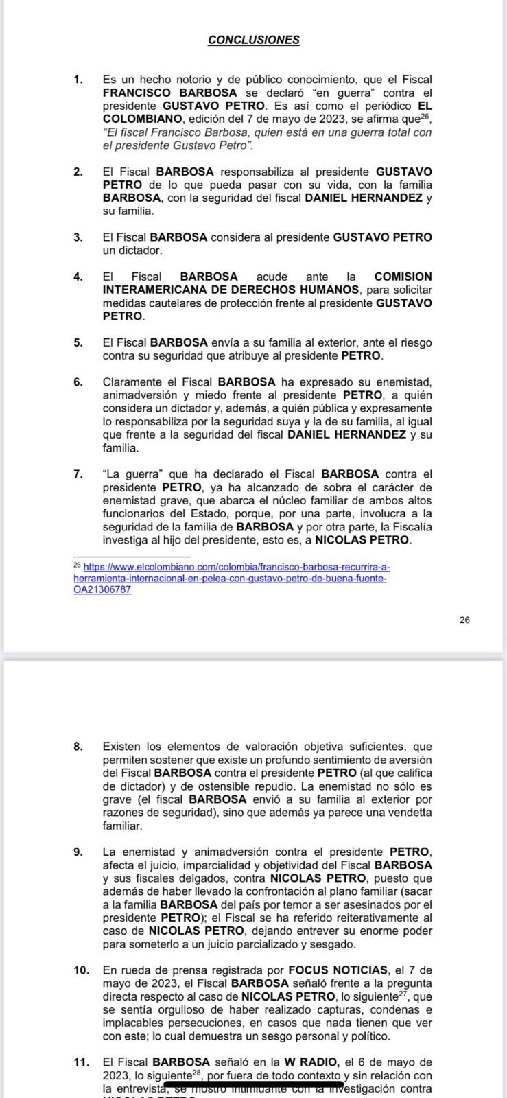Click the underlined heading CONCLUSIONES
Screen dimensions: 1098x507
click(253, 40)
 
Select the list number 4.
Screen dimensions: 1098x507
click(78, 277)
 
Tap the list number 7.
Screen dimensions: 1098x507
click(78, 474)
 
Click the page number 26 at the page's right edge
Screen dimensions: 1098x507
click(464, 620)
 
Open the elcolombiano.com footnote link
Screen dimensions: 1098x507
click(231, 578)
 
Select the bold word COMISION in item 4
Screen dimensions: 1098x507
click(403, 277)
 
